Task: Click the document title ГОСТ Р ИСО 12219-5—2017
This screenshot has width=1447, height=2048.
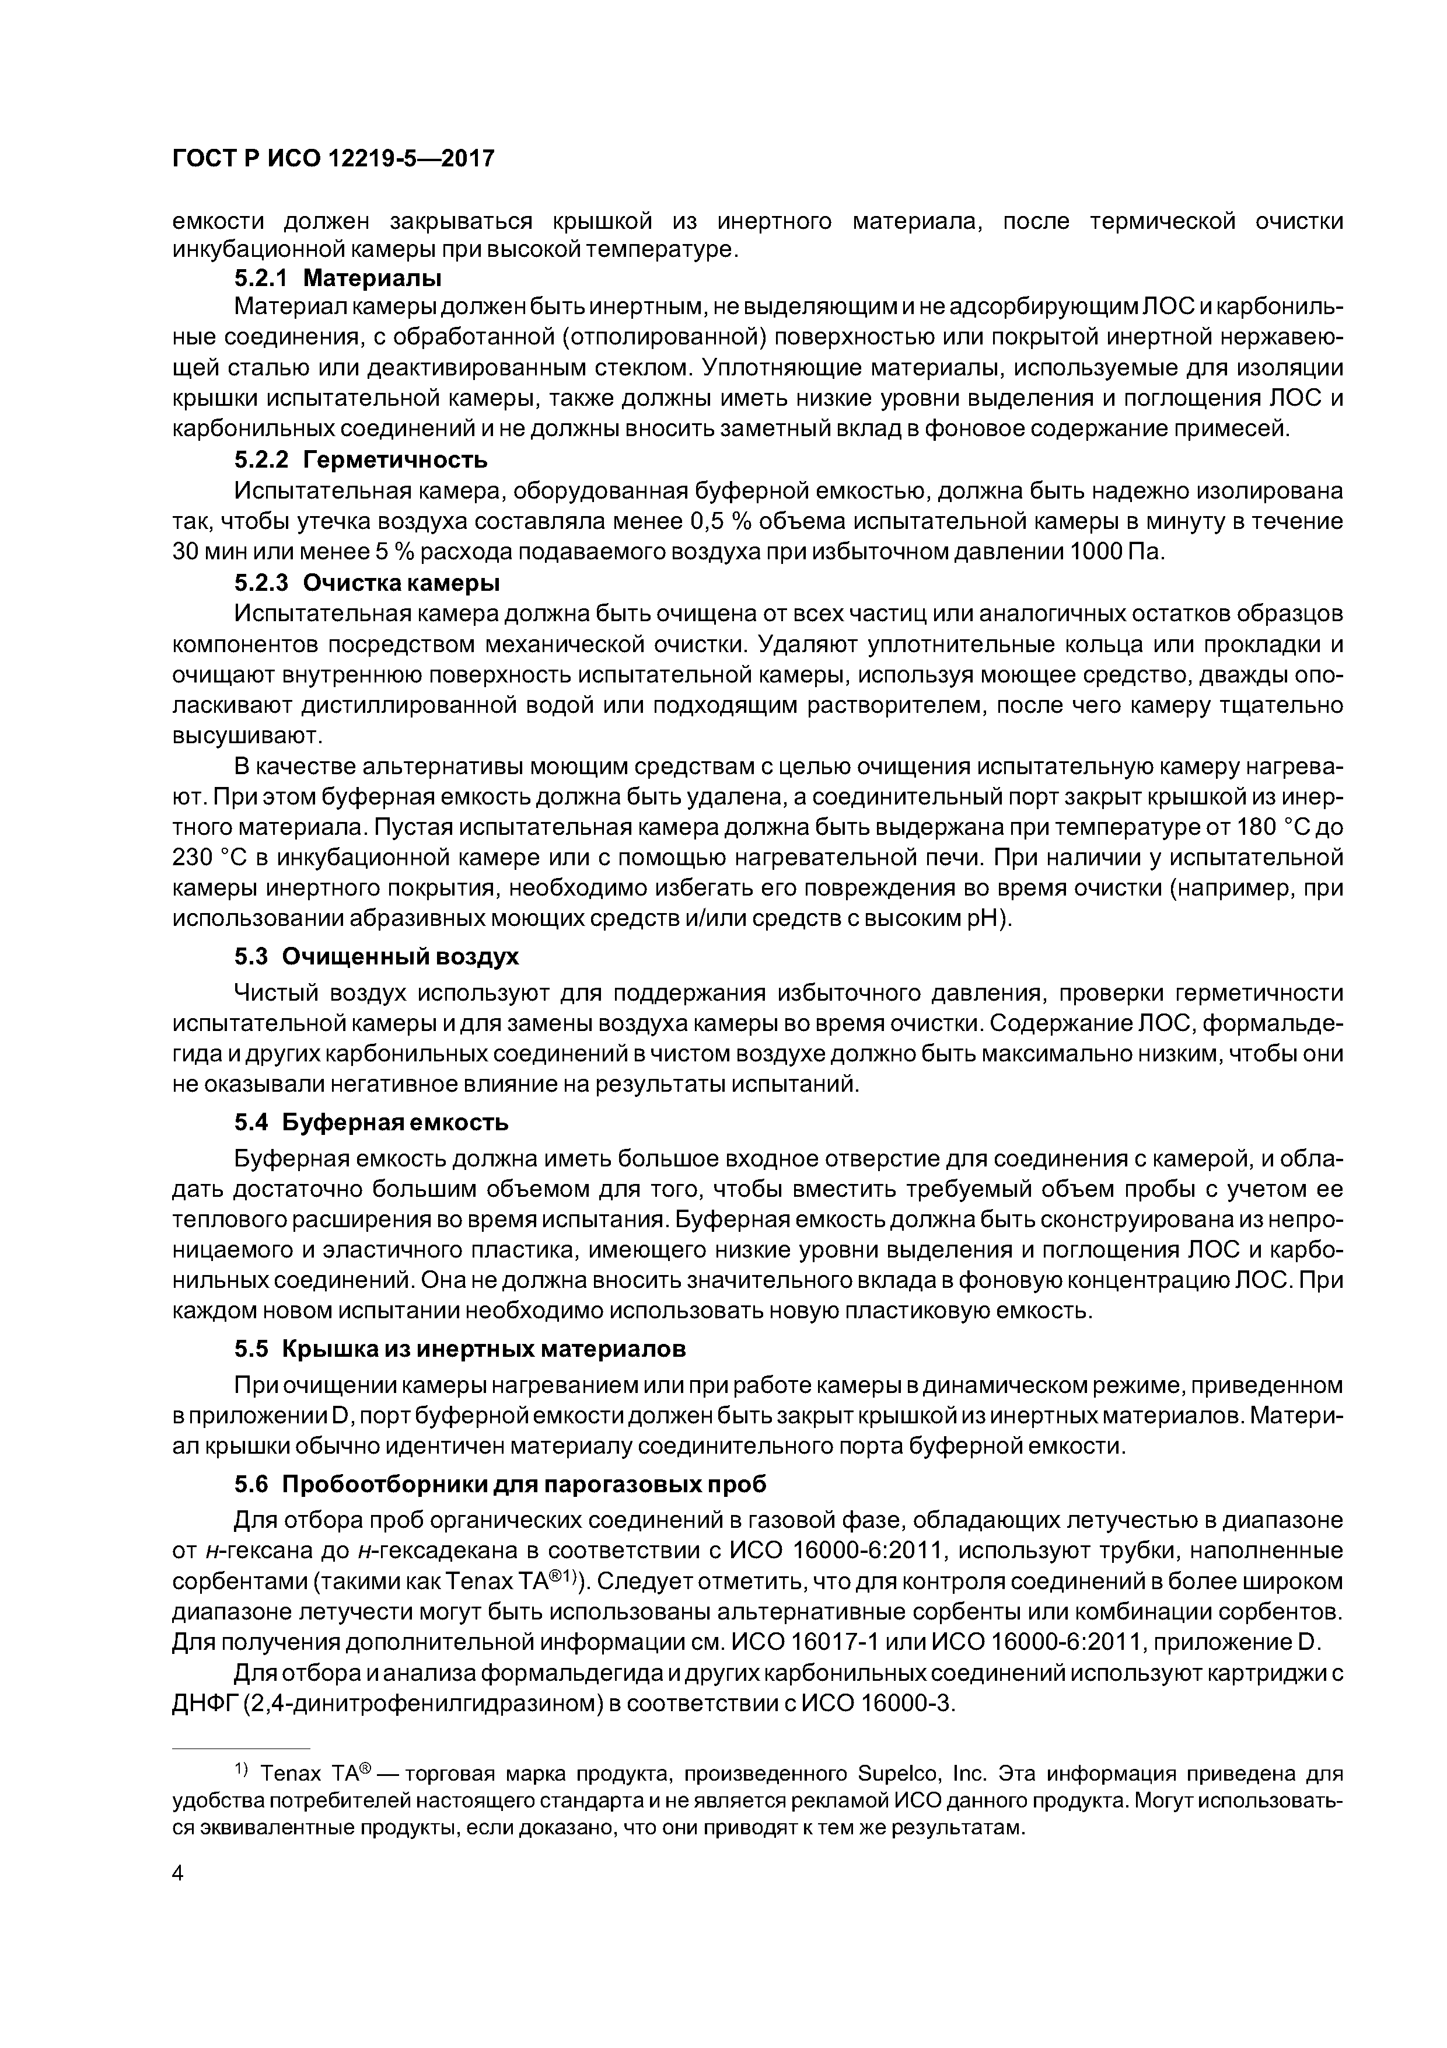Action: [x=333, y=159]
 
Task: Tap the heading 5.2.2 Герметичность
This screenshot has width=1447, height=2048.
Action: [x=361, y=460]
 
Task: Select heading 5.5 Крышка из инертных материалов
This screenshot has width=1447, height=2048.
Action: [x=460, y=1349]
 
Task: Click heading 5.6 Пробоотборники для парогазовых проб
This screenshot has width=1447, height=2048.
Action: [x=500, y=1484]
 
